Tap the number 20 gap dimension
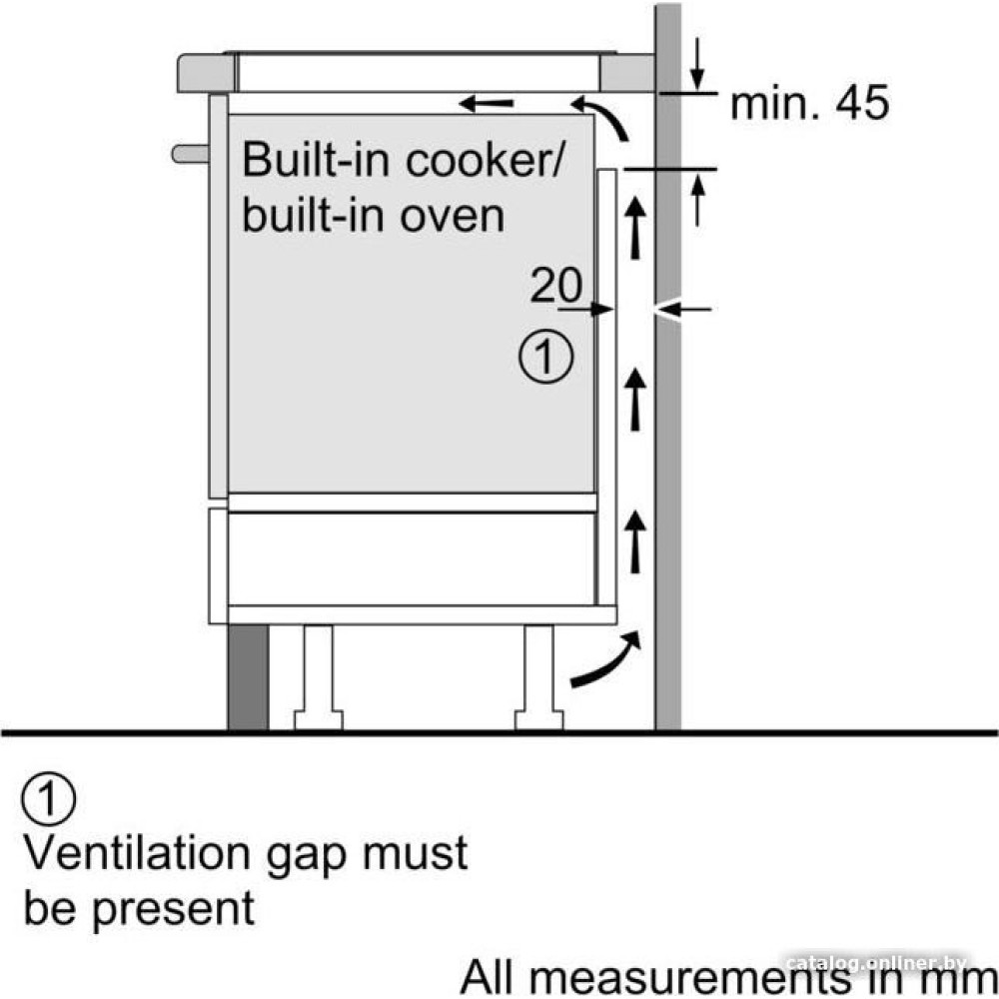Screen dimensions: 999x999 555,287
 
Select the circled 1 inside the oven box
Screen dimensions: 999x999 545,357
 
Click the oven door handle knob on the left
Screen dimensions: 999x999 189,153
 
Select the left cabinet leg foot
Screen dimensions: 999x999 319,718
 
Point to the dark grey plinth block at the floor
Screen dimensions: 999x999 248,678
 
